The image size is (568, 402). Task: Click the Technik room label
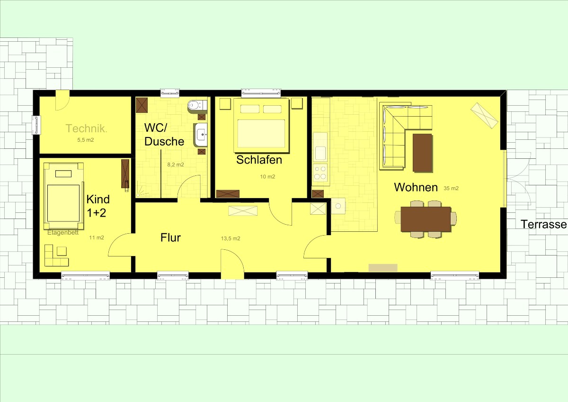(x=86, y=128)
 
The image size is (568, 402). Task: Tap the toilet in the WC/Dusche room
(x=197, y=105)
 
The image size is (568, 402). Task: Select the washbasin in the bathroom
(x=201, y=135)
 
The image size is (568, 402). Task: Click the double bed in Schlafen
(x=261, y=126)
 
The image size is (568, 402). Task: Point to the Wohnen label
(x=416, y=187)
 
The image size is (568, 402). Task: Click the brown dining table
(x=426, y=219)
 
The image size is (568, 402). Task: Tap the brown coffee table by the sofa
(x=422, y=153)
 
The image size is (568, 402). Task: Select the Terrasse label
(x=544, y=224)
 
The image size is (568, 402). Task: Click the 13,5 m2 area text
(x=231, y=238)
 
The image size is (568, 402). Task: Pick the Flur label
(x=171, y=238)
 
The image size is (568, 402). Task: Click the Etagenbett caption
(x=63, y=233)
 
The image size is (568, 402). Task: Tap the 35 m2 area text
(x=451, y=188)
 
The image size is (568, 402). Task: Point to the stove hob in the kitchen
(x=320, y=173)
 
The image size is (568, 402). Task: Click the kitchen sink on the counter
(x=320, y=152)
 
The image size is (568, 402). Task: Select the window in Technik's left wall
(x=36, y=125)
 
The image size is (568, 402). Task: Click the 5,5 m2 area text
(x=86, y=140)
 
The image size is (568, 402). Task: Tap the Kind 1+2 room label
(x=98, y=206)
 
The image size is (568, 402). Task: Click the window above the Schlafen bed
(x=261, y=93)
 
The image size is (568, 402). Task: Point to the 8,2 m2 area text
(x=176, y=164)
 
